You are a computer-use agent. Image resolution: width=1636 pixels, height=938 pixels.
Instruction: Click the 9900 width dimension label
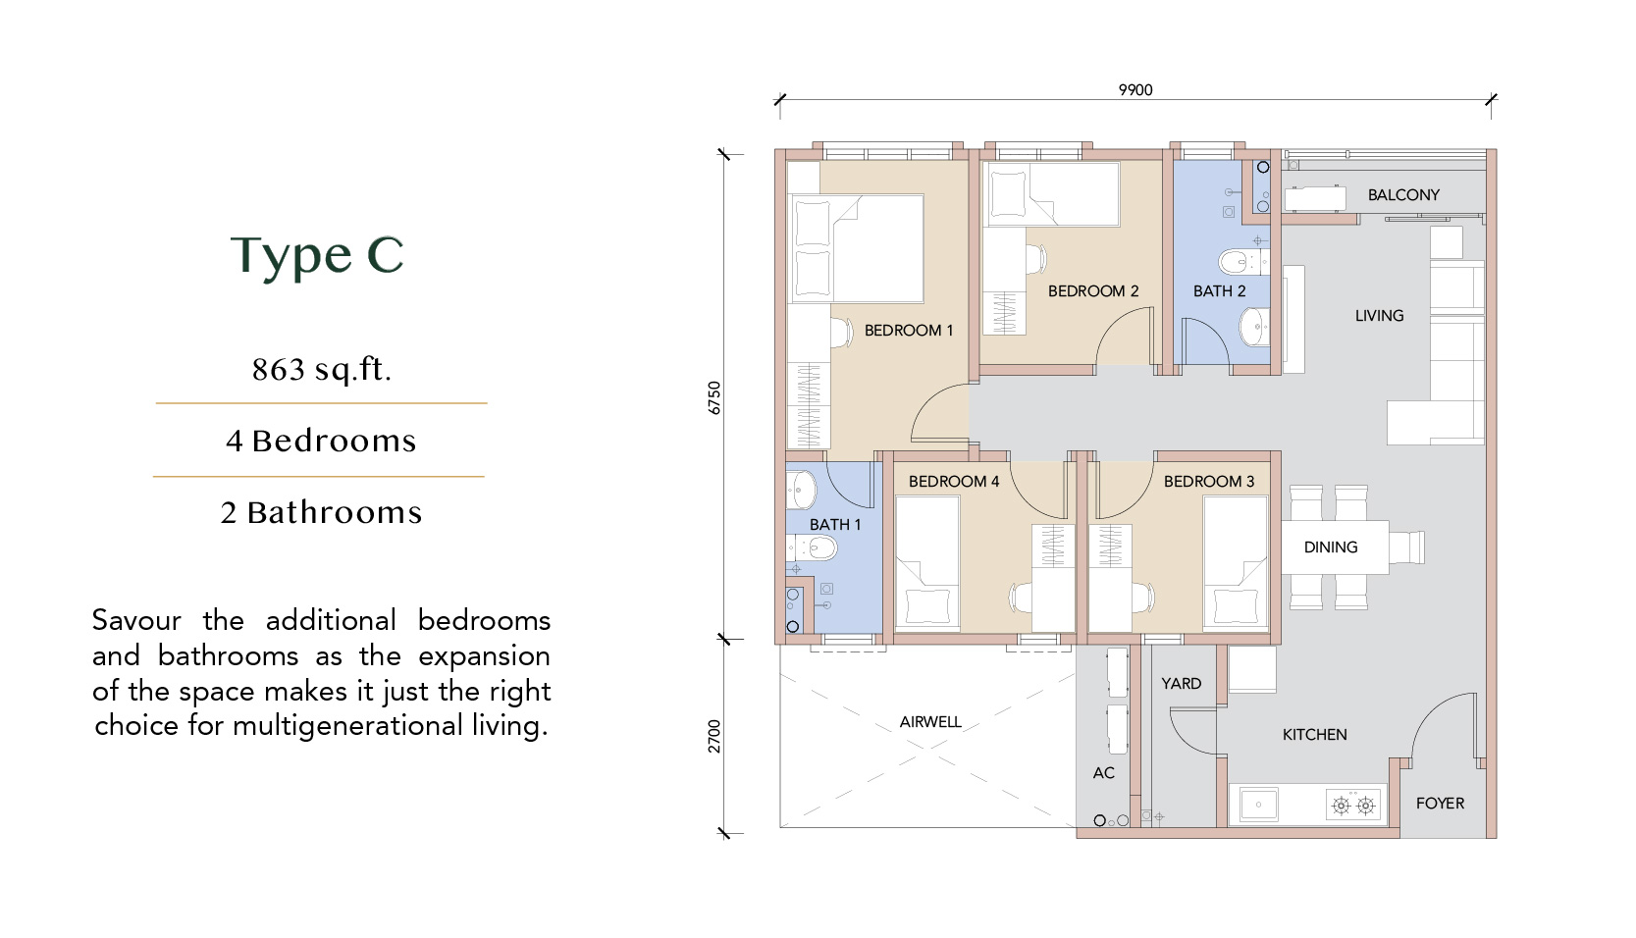(1135, 90)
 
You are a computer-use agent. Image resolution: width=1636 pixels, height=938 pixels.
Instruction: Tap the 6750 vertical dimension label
(714, 397)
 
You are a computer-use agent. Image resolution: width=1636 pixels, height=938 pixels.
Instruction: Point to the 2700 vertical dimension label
(714, 736)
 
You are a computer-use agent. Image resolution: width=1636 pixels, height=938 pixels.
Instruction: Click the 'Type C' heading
(317, 256)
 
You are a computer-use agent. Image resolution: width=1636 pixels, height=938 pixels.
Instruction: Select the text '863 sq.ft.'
(321, 369)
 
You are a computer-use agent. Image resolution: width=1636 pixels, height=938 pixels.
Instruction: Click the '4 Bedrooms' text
(321, 441)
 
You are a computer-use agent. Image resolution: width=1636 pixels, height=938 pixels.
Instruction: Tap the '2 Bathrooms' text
(321, 512)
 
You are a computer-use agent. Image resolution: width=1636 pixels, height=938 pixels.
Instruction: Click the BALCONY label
(1403, 195)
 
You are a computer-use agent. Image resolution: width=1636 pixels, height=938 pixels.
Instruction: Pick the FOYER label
(1440, 803)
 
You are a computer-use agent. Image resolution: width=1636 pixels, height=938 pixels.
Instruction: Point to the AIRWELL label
(929, 722)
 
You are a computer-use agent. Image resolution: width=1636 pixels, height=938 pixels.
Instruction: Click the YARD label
(1181, 683)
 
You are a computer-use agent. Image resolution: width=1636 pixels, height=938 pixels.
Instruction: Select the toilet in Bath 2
(1243, 261)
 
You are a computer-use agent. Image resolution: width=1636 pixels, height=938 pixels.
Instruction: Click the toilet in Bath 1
(812, 547)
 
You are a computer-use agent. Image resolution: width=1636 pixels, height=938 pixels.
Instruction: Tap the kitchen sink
(1257, 805)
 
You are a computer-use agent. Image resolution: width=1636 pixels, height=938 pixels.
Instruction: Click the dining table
(1335, 547)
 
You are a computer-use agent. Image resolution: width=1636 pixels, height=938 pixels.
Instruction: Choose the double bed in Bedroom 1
(856, 248)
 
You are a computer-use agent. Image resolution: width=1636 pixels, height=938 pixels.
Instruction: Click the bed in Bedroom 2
(1052, 194)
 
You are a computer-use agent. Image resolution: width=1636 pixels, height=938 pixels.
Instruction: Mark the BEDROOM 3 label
(1209, 482)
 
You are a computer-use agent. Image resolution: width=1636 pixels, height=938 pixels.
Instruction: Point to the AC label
(1103, 773)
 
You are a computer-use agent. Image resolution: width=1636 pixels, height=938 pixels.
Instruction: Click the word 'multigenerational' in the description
(347, 726)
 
